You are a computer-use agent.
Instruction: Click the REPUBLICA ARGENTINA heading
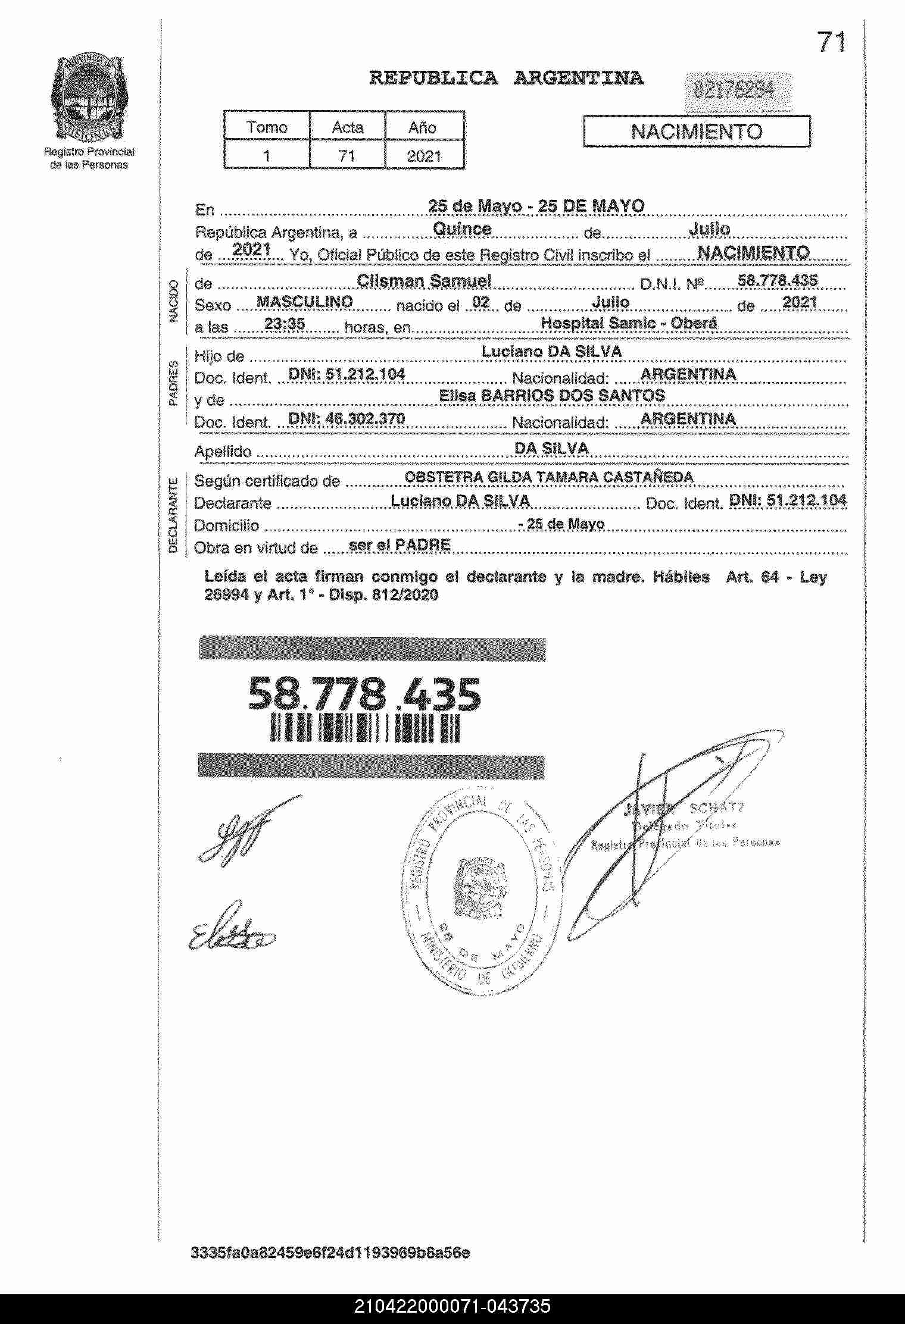506,78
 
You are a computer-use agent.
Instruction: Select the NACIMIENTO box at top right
696,132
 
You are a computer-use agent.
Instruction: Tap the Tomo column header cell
267,127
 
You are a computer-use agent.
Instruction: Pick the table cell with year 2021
424,156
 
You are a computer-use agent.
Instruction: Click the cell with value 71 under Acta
347,156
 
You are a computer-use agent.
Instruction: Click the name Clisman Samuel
423,281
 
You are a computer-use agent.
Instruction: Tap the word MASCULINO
304,302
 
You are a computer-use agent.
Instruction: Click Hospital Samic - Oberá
629,323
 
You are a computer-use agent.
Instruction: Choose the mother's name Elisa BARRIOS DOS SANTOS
551,396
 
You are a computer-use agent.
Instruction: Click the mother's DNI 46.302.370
347,419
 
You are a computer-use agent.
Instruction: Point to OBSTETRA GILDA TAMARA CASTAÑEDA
549,477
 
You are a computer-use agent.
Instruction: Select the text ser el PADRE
399,545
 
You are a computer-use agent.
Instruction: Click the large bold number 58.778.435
364,694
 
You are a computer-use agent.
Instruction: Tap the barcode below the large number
365,728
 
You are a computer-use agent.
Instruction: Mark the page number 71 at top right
831,42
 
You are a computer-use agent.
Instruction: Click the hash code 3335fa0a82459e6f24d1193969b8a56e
330,1253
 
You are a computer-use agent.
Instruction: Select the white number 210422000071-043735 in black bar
453,1306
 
